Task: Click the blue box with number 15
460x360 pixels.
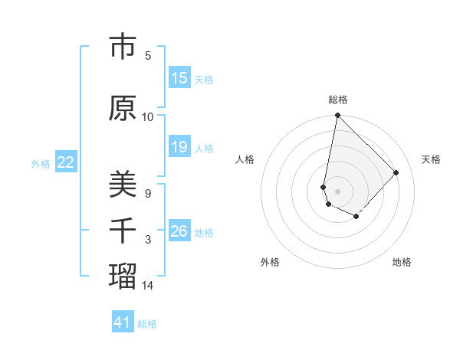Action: pos(179,78)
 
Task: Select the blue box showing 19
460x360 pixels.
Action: pos(179,147)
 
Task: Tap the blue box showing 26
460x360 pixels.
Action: pos(179,231)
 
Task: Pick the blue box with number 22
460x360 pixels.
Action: pos(66,162)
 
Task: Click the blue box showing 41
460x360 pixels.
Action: pos(123,322)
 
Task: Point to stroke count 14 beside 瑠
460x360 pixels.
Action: pos(149,286)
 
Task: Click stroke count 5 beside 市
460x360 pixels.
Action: pos(148,56)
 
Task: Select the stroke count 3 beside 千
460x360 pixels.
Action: pos(148,240)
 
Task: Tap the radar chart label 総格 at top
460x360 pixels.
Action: pos(337,100)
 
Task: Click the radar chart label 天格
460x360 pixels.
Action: pos(431,159)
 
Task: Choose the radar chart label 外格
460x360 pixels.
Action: pos(270,262)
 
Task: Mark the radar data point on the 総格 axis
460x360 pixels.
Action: pos(337,116)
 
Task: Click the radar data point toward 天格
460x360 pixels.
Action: pos(396,172)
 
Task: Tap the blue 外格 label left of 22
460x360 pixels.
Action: pos(41,163)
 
